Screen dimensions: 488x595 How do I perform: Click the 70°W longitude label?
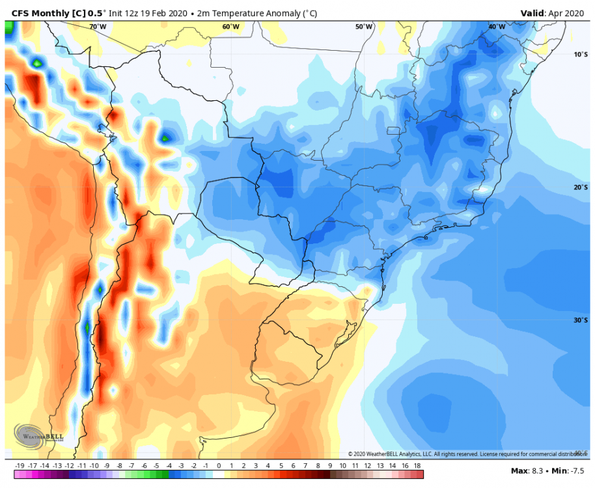pyautogui.click(x=98, y=27)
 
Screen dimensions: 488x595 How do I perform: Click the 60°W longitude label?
pyautogui.click(x=230, y=27)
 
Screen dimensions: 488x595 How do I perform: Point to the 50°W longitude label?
pyautogui.click(x=364, y=27)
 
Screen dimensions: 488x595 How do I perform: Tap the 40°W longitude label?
pyautogui.click(x=497, y=27)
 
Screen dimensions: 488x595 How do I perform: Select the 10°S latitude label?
pyautogui.click(x=581, y=54)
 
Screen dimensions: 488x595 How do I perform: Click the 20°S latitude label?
pyautogui.click(x=581, y=187)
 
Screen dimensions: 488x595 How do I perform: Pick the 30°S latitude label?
pyautogui.click(x=581, y=320)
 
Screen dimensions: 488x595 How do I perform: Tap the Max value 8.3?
pyautogui.click(x=524, y=470)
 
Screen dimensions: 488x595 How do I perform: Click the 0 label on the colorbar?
pyautogui.click(x=218, y=466)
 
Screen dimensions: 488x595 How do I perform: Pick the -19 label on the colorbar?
pyautogui.click(x=20, y=466)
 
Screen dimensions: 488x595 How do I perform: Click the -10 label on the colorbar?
pyautogui.click(x=94, y=466)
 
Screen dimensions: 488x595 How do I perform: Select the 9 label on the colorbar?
pyautogui.click(x=330, y=466)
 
